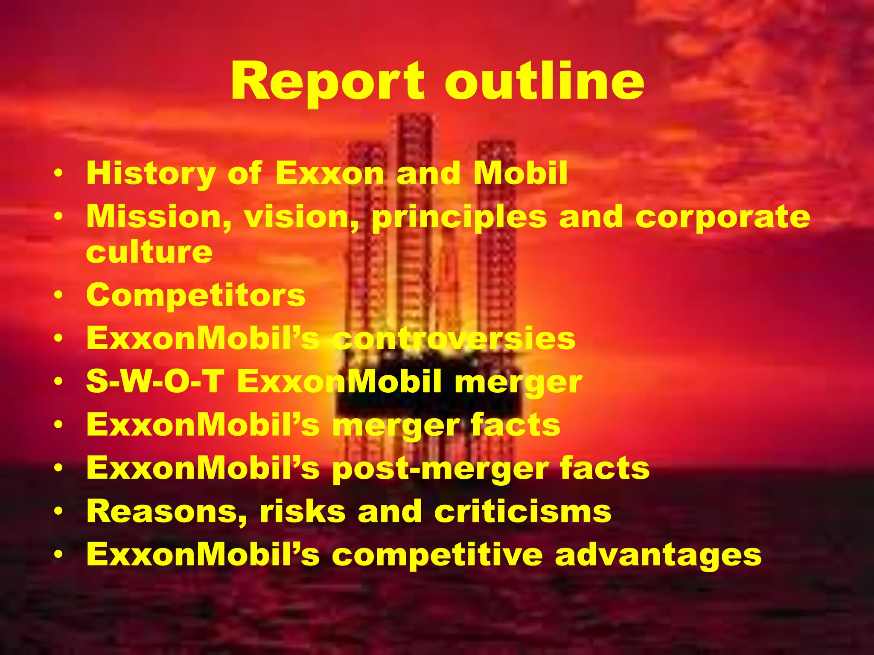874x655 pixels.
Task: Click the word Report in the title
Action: pos(328,81)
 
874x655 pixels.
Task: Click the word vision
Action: pos(302,217)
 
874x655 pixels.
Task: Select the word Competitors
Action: pos(196,295)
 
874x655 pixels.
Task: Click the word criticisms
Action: pos(523,511)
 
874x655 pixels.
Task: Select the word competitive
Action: pos(437,555)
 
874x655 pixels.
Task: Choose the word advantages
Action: pos(658,556)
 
